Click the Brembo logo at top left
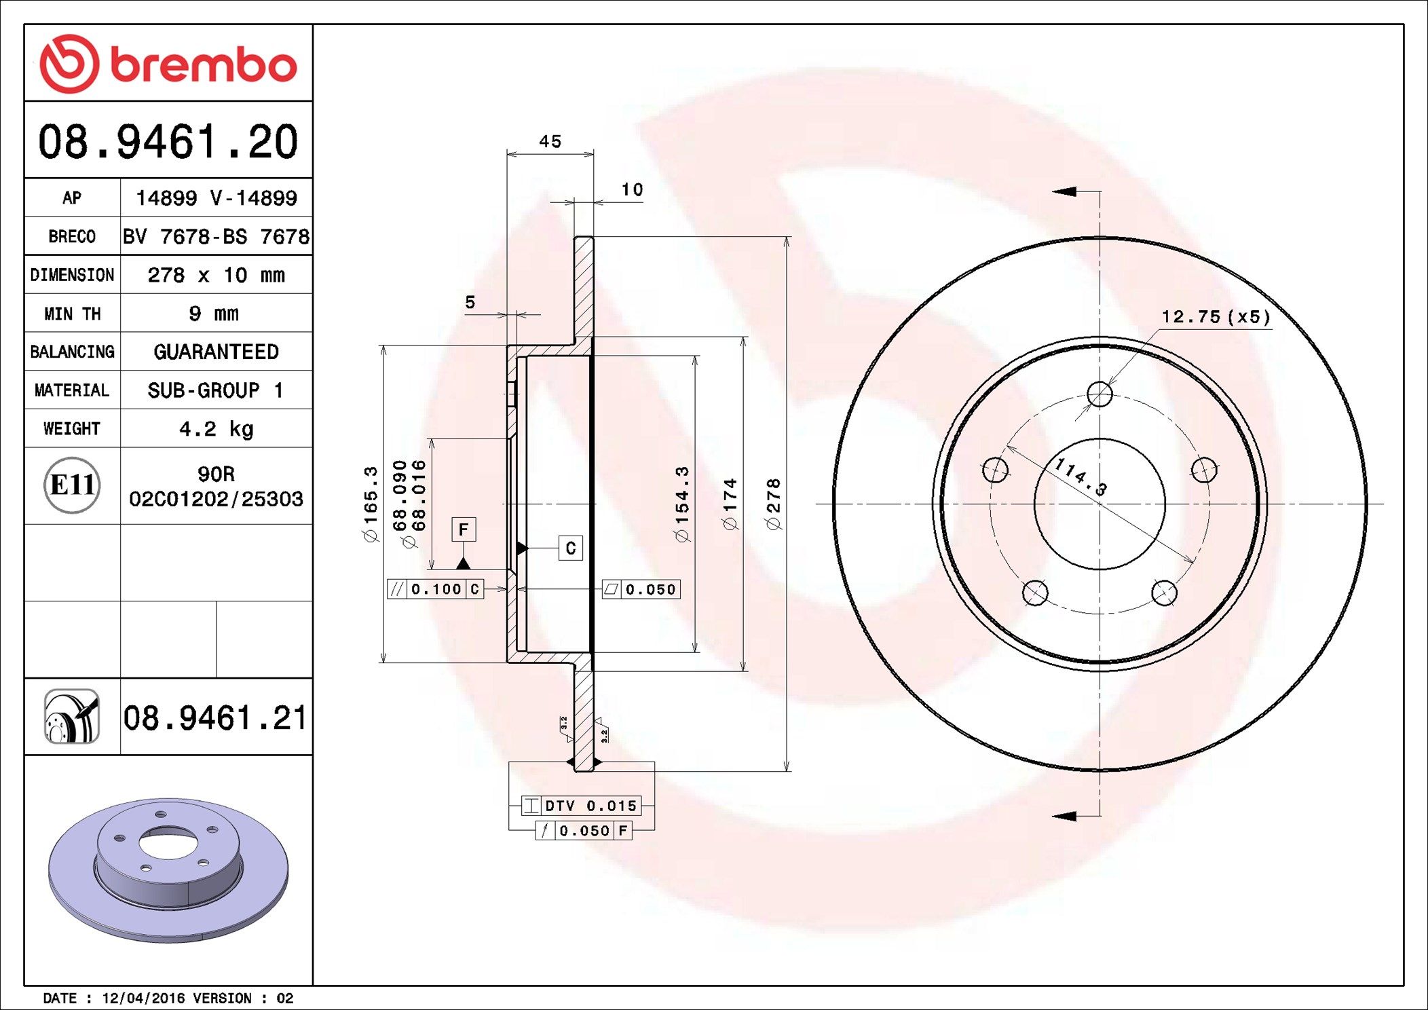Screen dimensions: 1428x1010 168,64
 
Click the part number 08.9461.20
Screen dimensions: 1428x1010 168,142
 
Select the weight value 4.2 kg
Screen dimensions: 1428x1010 216,429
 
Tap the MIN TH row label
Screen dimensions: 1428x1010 72,314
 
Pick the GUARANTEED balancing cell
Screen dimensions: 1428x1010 216,352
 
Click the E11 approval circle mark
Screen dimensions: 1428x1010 72,485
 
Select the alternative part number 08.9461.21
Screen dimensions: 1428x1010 215,717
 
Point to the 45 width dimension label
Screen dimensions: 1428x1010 550,141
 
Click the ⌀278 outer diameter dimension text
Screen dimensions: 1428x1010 773,504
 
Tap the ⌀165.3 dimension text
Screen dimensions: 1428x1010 371,504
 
